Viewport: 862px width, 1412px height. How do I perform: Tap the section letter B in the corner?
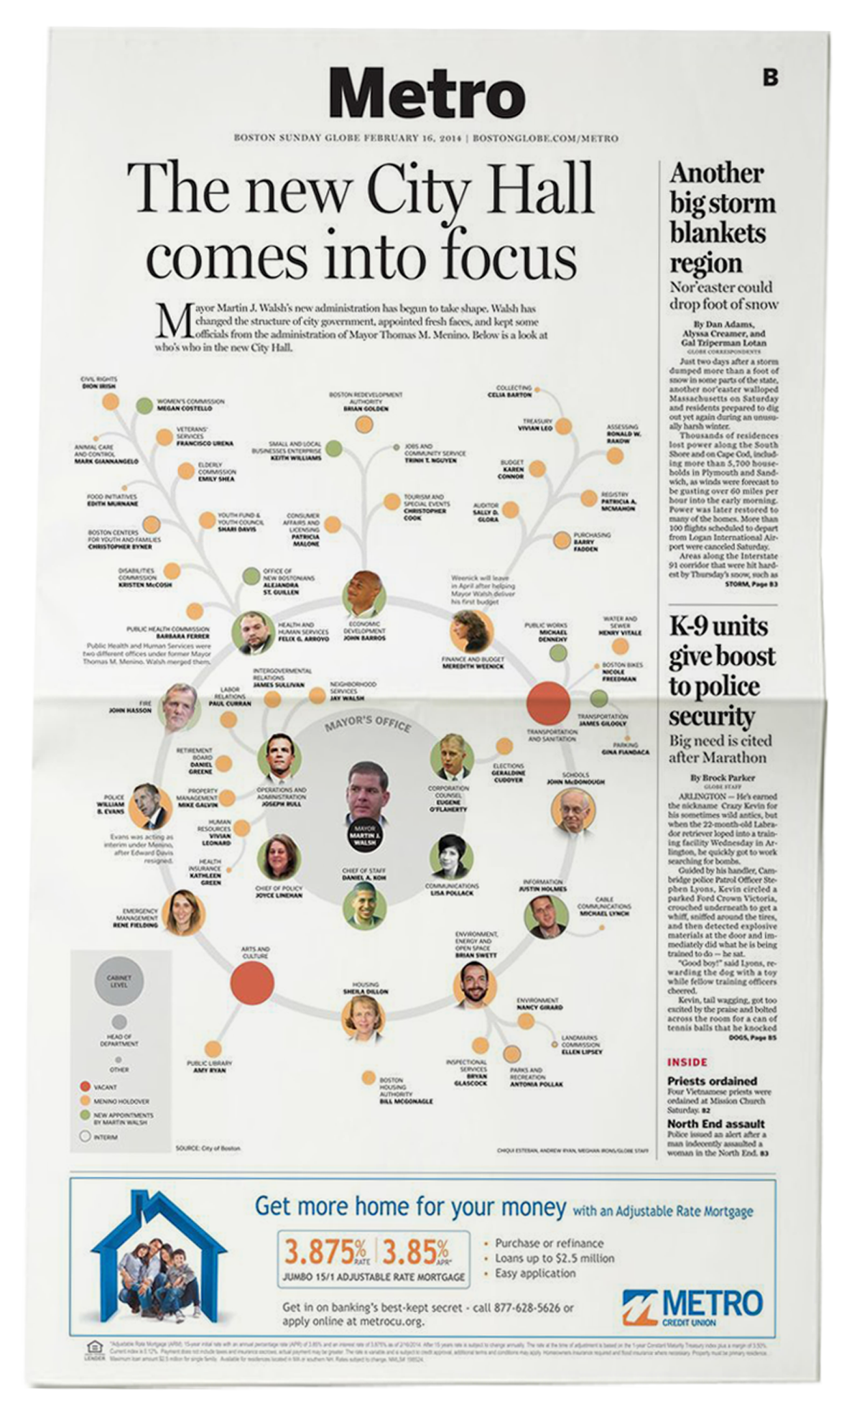pos(770,77)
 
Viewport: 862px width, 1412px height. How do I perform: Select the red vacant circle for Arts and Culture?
pos(252,982)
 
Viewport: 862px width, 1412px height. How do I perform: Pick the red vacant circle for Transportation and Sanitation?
pos(548,703)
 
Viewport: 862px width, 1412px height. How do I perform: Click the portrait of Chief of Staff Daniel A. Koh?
pos(364,905)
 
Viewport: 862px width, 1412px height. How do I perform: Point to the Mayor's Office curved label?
pos(367,723)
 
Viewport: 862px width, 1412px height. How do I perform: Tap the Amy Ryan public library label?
pos(209,1066)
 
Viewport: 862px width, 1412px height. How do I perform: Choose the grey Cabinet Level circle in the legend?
pos(119,980)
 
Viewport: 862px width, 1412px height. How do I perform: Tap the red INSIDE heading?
pos(687,1062)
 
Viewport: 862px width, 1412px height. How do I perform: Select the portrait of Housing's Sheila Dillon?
pos(363,1016)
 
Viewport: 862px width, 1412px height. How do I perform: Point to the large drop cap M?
pos(172,322)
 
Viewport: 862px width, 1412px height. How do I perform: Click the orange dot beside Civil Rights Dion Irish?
pos(110,402)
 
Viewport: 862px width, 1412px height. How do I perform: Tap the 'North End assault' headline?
pos(715,1124)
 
